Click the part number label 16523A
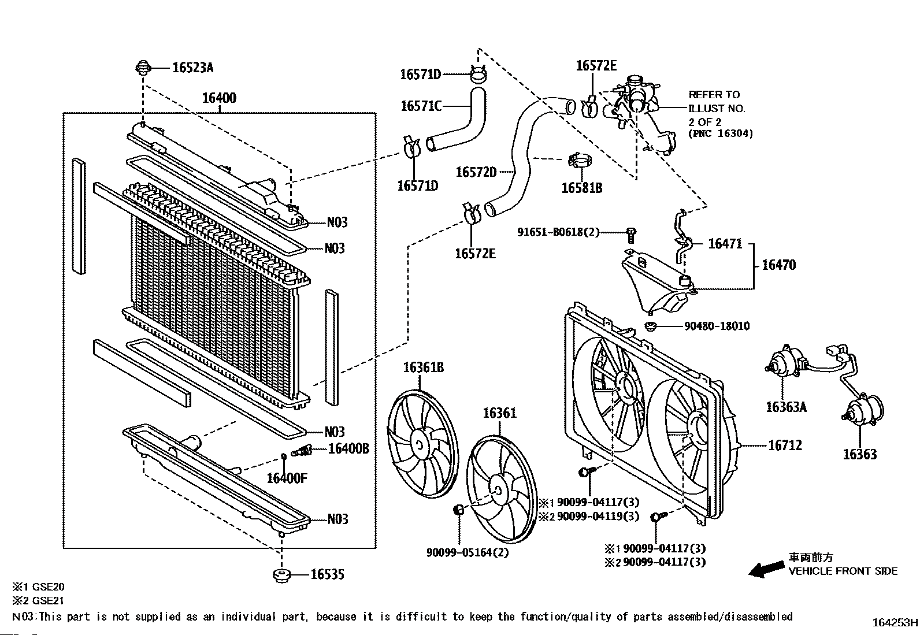pos(192,68)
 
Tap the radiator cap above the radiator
pos(142,68)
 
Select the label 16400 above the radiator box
pos(219,98)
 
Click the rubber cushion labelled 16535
pos(281,575)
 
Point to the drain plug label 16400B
pos(348,448)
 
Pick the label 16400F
pos(287,478)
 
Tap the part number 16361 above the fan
pos(500,413)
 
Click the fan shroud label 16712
pos(785,445)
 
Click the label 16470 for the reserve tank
pos(778,265)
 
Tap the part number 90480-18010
pos(717,326)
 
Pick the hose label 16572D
pos(476,172)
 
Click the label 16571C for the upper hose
pos(421,106)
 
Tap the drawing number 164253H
pos(895,623)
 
